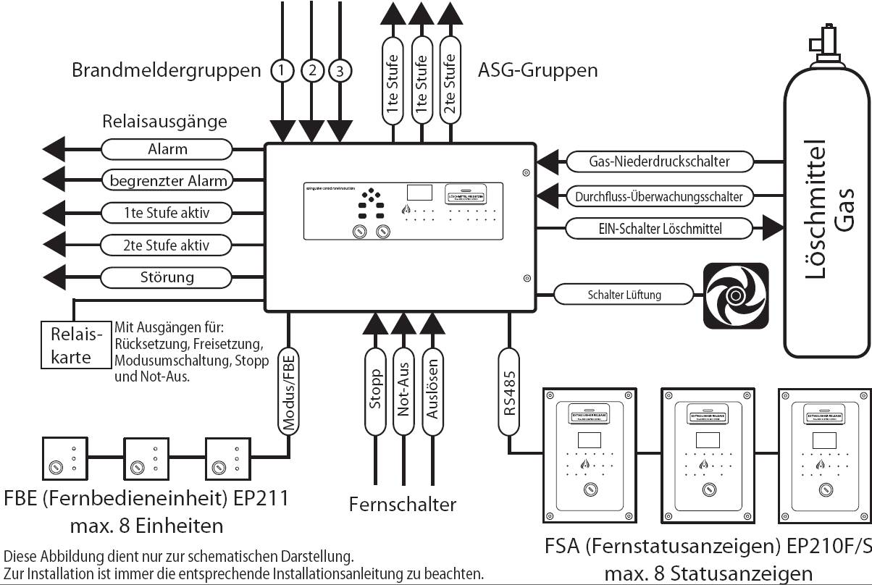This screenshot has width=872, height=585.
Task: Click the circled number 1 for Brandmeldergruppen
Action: point(282,70)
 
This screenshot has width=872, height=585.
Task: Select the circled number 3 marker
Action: point(340,70)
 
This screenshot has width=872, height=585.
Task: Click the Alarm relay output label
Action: point(167,149)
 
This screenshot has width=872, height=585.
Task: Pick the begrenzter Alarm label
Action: point(167,180)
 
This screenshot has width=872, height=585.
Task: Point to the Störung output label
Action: point(167,277)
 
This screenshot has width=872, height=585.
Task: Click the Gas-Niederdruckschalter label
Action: point(659,161)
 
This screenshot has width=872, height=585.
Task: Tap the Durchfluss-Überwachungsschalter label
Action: point(659,195)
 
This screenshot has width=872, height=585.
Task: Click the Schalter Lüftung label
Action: point(624,295)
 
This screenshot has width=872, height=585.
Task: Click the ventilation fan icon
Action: point(735,295)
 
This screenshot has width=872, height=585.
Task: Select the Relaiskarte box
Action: point(76,345)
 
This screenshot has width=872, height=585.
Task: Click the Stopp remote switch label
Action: point(375,391)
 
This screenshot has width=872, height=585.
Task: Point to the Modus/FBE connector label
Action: point(289,392)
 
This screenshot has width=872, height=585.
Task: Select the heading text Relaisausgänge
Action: point(164,121)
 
